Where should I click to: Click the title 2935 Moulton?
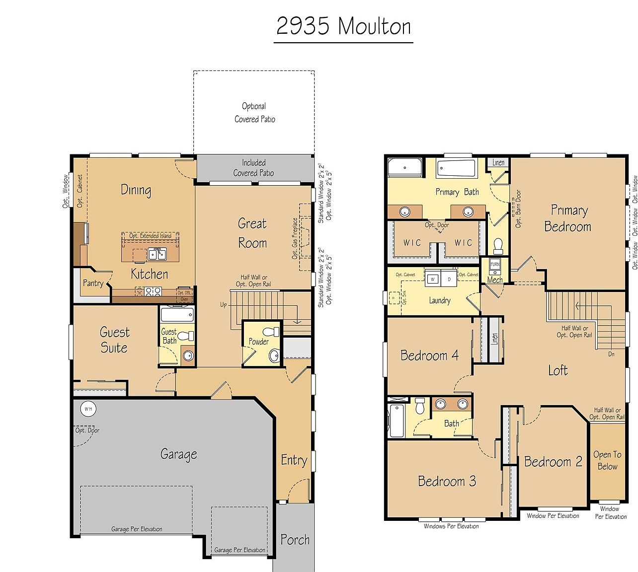(343, 26)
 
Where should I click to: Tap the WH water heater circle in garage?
(88, 409)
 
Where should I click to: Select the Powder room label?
(258, 342)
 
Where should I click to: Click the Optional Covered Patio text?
(254, 113)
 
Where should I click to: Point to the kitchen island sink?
(158, 254)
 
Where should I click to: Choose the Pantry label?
(93, 283)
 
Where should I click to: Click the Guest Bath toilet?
(185, 336)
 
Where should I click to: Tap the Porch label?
(295, 540)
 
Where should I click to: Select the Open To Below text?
(607, 460)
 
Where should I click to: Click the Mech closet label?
(494, 280)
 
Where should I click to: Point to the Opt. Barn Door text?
(518, 209)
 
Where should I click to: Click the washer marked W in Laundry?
(432, 279)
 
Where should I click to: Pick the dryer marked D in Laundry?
(449, 279)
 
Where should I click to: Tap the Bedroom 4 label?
(429, 356)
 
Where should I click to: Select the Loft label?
(558, 370)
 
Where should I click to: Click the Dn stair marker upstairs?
(611, 355)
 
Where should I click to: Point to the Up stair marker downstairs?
(224, 305)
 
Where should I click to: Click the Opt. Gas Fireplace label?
(295, 238)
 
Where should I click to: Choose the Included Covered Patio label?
(253, 168)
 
